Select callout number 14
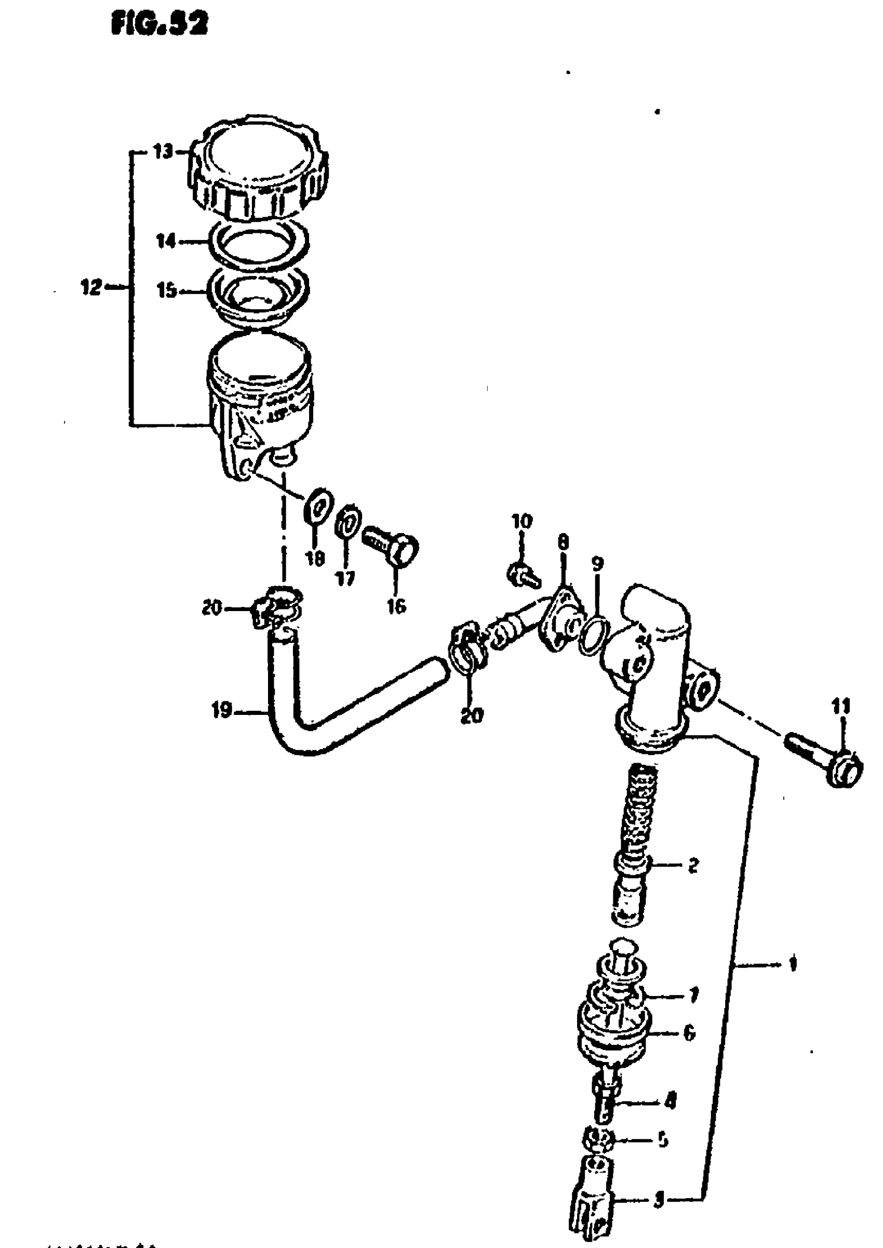(x=167, y=241)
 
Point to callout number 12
(x=91, y=288)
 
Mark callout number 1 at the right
(x=792, y=964)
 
